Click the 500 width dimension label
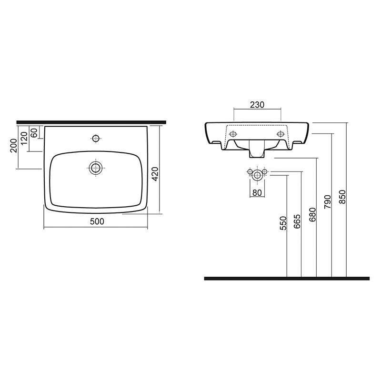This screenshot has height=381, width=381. tap(97, 221)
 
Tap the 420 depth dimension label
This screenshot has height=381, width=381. tap(155, 174)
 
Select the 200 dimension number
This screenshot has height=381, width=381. tap(14, 146)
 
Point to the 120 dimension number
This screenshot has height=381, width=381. tap(24, 138)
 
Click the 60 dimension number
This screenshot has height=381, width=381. tap(34, 132)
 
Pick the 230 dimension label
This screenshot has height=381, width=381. tap(257, 105)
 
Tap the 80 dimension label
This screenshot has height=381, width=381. tap(257, 193)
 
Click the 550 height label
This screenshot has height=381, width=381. tap(283, 223)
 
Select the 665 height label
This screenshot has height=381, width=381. tap(297, 221)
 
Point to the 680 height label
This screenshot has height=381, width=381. tap(312, 215)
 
